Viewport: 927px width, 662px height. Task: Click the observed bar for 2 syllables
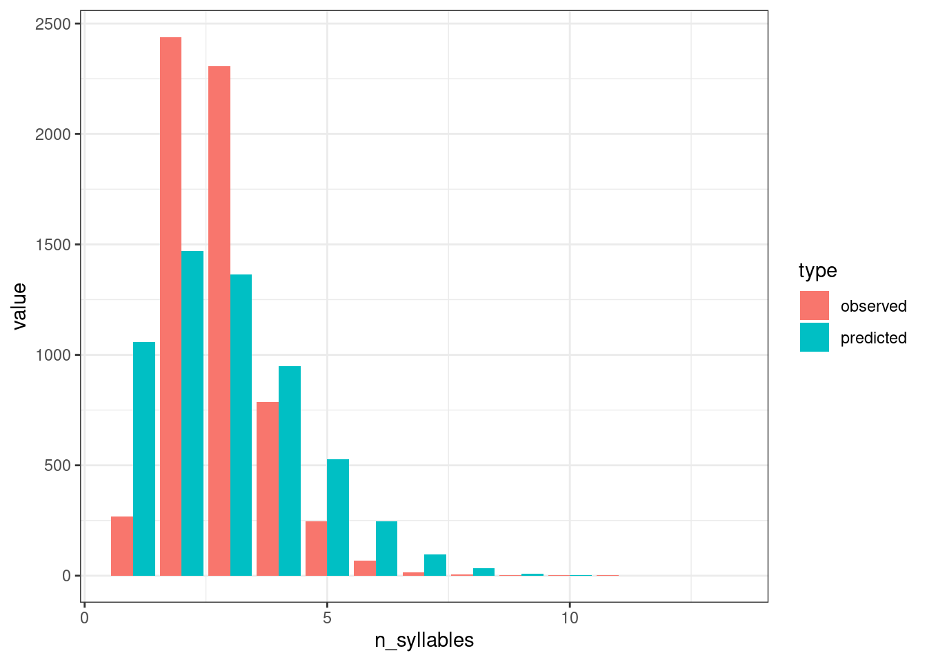pyautogui.click(x=170, y=306)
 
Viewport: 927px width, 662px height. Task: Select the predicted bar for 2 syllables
pyautogui.click(x=192, y=413)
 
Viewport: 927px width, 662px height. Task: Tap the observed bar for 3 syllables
pyautogui.click(x=219, y=321)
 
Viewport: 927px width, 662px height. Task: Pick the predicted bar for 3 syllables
pyautogui.click(x=241, y=425)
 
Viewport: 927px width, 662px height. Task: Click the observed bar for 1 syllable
pyautogui.click(x=122, y=546)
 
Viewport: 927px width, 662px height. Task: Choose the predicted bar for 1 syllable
pyautogui.click(x=144, y=459)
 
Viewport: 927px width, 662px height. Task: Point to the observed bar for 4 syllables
pyautogui.click(x=268, y=489)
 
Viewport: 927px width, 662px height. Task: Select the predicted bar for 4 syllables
pyautogui.click(x=290, y=471)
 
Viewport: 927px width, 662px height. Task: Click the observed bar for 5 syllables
pyautogui.click(x=316, y=548)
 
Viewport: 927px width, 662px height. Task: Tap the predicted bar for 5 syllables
pyautogui.click(x=338, y=517)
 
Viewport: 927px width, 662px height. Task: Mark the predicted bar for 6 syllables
pyautogui.click(x=386, y=548)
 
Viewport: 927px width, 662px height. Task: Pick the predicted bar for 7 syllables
pyautogui.click(x=435, y=565)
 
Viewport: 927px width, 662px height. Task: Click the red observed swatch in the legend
pyautogui.click(x=815, y=305)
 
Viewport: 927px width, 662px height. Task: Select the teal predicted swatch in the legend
pyautogui.click(x=815, y=337)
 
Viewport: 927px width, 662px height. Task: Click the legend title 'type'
pyautogui.click(x=817, y=271)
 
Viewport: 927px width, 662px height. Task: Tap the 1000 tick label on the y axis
pyautogui.click(x=52, y=355)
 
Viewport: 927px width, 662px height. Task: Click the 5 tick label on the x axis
pyautogui.click(x=327, y=618)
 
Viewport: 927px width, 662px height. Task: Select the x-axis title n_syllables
pyautogui.click(x=424, y=641)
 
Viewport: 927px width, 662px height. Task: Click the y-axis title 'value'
pyautogui.click(x=19, y=306)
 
